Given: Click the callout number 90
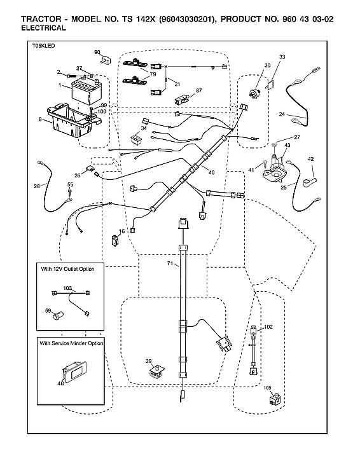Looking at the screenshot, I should pyautogui.click(x=97, y=52).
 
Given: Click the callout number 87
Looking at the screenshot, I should pyautogui.click(x=198, y=90).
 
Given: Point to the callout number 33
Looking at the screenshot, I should pyautogui.click(x=282, y=57).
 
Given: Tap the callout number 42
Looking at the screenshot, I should pyautogui.click(x=311, y=159).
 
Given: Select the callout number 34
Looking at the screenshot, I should pyautogui.click(x=144, y=128).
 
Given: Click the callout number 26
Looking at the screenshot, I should pyautogui.click(x=77, y=175).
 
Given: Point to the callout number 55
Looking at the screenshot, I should pyautogui.click(x=70, y=184).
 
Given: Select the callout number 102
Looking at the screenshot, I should pyautogui.click(x=268, y=326).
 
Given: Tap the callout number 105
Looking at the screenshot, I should pyautogui.click(x=267, y=388).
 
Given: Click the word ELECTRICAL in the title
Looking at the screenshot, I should pyautogui.click(x=43, y=29).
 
